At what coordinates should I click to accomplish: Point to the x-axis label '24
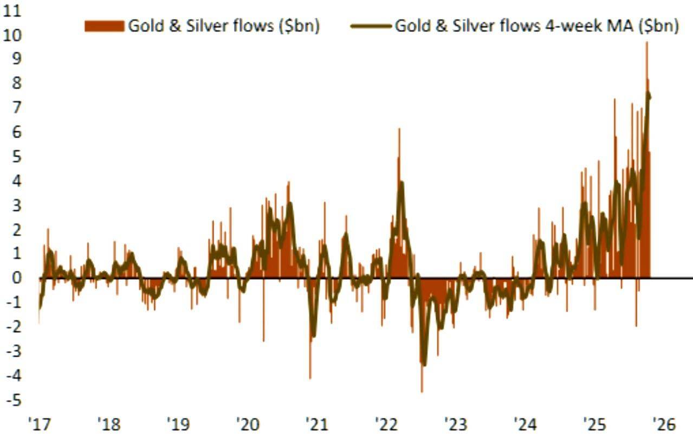[x=525, y=424]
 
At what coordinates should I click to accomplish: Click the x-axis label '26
[x=664, y=424]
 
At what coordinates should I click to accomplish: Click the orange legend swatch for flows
[x=104, y=26]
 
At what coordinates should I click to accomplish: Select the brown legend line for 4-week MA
[x=371, y=26]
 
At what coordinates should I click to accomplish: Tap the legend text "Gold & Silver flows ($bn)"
[x=223, y=26]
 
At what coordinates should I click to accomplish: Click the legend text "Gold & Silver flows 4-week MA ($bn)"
[x=536, y=26]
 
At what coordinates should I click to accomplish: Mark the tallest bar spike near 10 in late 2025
[x=646, y=43]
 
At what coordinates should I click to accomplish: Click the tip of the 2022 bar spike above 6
[x=399, y=129]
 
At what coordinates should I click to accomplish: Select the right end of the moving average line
[x=649, y=98]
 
